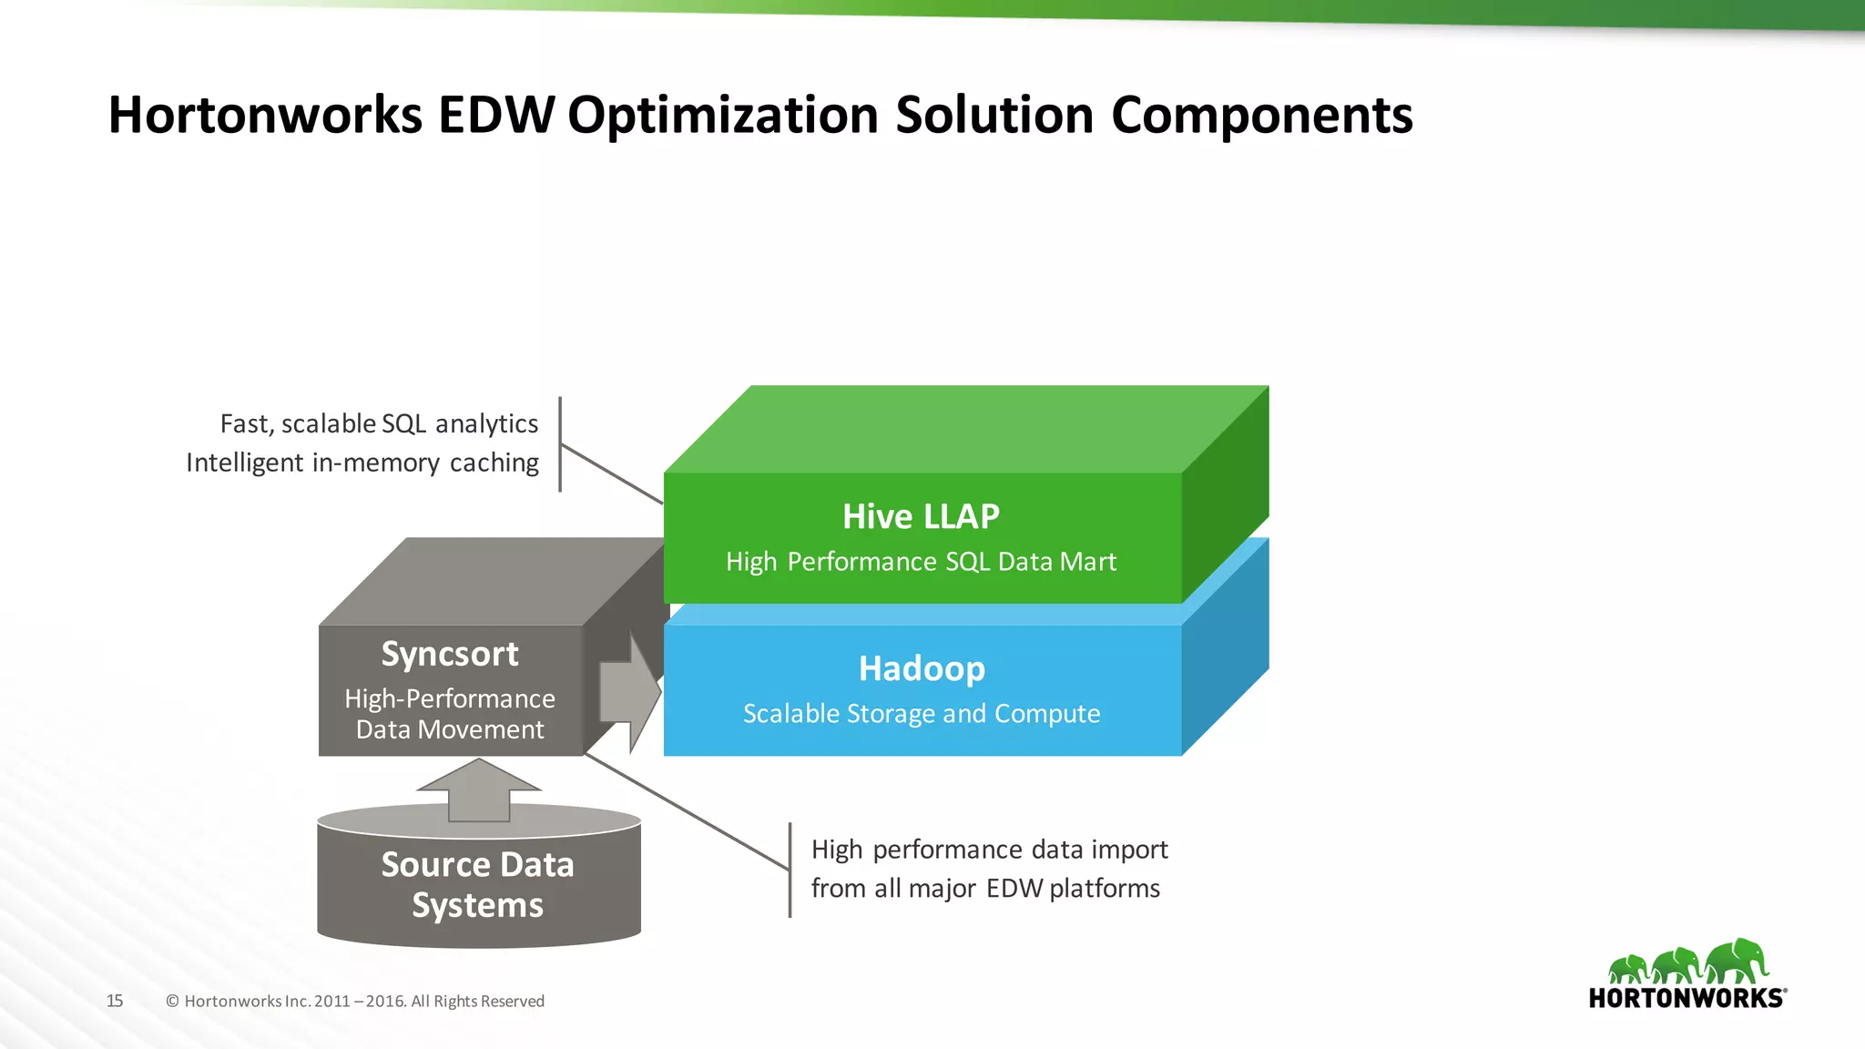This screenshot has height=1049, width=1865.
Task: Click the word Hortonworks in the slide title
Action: tap(265, 116)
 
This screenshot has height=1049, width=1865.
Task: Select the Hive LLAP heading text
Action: tap(921, 516)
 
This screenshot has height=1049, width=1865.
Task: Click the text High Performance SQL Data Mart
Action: tap(921, 562)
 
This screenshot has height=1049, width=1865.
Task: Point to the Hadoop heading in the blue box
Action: tap(922, 668)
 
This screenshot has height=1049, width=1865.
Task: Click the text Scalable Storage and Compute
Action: tap(922, 713)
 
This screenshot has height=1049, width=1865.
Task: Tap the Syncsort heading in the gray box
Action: tap(450, 654)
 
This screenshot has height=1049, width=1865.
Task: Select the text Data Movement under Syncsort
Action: tap(450, 729)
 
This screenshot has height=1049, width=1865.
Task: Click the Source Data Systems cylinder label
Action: tap(477, 884)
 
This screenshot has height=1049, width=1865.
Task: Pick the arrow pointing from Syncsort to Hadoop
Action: tap(630, 693)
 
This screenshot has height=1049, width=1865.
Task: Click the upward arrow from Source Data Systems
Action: tap(479, 790)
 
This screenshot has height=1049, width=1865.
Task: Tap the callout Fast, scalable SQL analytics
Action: tap(379, 423)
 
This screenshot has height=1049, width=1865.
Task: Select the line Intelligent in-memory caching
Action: tap(362, 463)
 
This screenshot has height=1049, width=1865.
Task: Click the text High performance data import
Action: tap(989, 850)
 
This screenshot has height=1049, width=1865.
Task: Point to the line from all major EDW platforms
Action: tap(985, 888)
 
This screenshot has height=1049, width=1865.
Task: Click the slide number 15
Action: tap(115, 1001)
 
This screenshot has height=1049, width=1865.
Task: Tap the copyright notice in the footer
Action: tap(355, 1001)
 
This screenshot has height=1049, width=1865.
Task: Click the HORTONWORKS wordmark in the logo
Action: tap(1687, 998)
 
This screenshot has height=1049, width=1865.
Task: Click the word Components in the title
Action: tap(1261, 116)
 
